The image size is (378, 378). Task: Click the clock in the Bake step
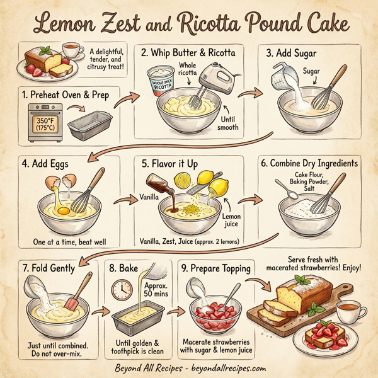[121, 289]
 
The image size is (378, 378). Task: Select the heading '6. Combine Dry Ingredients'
[309, 163]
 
